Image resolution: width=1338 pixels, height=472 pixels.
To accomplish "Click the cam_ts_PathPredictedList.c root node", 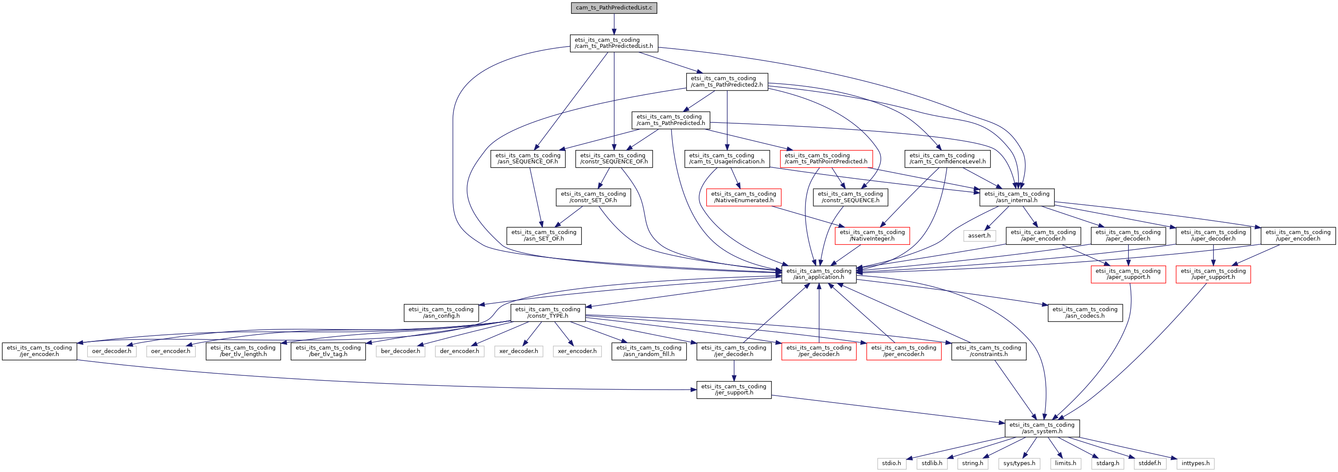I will point(614,8).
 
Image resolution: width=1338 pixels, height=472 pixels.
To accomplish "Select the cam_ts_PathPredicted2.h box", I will point(727,81).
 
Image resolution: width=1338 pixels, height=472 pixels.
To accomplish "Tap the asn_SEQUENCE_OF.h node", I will point(528,159).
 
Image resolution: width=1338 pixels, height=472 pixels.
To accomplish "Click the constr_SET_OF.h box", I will point(593,197).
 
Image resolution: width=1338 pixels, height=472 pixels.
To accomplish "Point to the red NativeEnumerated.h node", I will point(743,197).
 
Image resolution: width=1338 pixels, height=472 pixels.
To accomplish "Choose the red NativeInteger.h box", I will point(872,235).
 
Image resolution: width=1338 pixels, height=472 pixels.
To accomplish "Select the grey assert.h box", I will point(979,235).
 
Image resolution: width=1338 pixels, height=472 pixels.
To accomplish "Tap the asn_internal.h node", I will point(1016,197).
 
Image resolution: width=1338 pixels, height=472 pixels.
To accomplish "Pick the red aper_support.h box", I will point(1128,274).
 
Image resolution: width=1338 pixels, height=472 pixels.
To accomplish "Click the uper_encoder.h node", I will point(1298,235).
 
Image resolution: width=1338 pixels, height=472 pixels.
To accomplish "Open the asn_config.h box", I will point(441,313).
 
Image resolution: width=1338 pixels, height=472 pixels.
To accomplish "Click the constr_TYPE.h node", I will point(548,313).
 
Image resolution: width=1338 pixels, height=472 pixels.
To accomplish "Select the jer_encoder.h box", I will point(40,351).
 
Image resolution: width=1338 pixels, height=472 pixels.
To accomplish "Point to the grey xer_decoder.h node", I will point(518,351).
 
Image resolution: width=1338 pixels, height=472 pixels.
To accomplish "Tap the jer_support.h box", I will point(734,389).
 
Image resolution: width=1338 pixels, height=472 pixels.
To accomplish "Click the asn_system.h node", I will point(1042,428).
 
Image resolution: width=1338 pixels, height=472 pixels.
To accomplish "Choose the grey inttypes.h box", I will point(1195,463).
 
